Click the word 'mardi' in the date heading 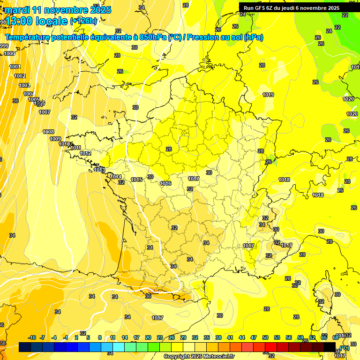point(18,10)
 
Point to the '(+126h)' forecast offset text point(83,21)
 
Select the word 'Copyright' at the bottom point(176,357)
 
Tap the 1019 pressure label point(268,95)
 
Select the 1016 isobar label point(165,183)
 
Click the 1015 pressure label point(137,180)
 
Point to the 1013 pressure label point(99,170)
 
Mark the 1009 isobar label point(55,139)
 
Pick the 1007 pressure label point(45,112)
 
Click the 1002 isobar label point(20,76)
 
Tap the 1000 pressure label point(9,54)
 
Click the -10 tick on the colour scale point(32,337)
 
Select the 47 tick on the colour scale point(254,337)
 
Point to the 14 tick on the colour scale point(125,337)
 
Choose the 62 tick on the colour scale point(312,337)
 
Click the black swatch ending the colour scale point(330,347)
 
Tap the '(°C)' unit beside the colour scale point(345,347)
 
